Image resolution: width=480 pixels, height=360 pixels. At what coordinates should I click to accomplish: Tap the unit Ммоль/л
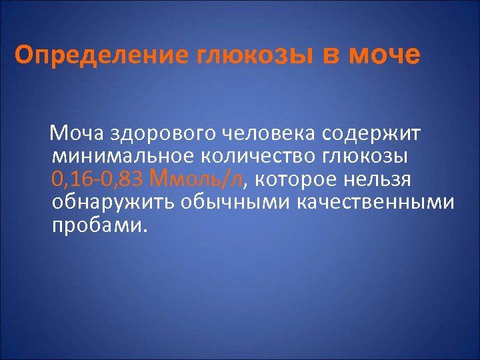tap(198, 179)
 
